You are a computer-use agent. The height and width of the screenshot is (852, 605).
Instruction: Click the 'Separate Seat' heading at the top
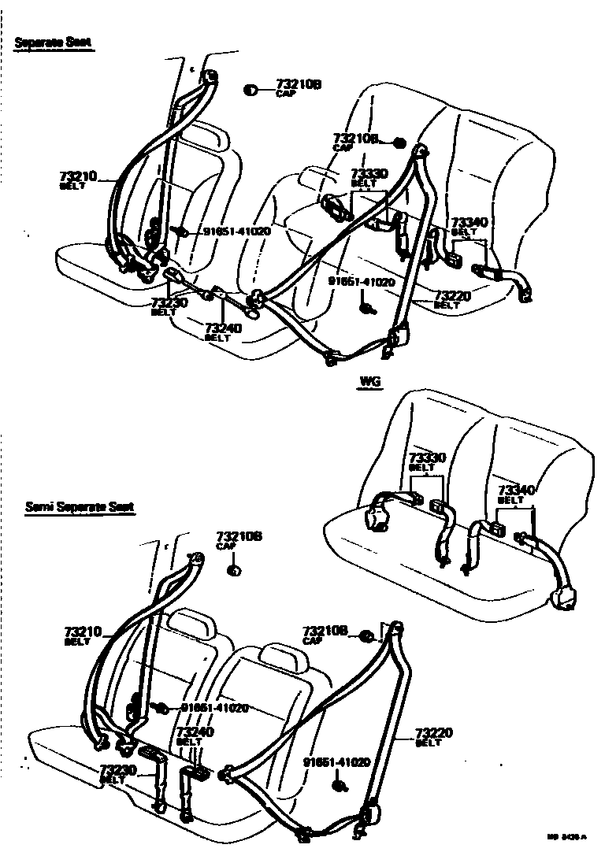tap(54, 43)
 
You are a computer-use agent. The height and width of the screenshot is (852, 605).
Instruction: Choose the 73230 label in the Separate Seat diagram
tap(168, 302)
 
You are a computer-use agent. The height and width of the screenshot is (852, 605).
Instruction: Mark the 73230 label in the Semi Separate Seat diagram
tap(118, 769)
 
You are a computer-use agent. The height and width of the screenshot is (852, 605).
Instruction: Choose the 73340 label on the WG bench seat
tap(516, 490)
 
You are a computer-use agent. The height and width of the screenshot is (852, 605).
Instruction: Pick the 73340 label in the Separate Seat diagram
tap(469, 223)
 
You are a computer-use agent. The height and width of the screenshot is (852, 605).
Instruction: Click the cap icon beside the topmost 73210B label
tap(251, 89)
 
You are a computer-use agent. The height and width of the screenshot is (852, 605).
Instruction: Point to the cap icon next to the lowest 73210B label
tap(366, 635)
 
